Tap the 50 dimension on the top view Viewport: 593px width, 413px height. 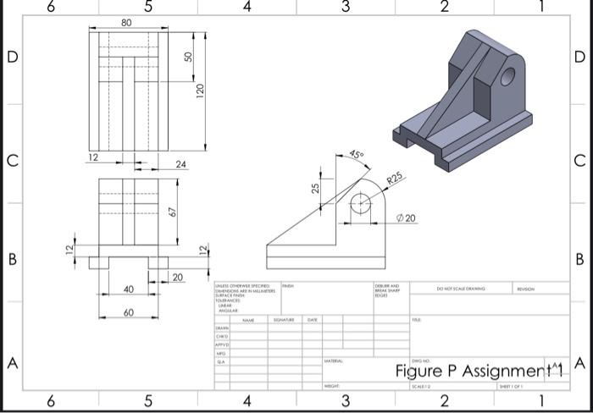pyautogui.click(x=190, y=56)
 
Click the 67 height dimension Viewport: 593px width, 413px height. pyautogui.click(x=172, y=211)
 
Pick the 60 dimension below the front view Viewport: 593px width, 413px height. pyautogui.click(x=128, y=312)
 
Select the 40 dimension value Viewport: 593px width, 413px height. pyautogui.click(x=128, y=289)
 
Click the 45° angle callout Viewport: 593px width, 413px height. pyautogui.click(x=357, y=156)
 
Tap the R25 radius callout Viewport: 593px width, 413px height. pyautogui.click(x=395, y=179)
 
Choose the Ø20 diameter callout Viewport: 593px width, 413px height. pyautogui.click(x=406, y=218)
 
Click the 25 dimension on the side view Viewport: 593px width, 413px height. pyautogui.click(x=315, y=188)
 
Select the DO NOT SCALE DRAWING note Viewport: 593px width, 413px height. pyautogui.click(x=461, y=289)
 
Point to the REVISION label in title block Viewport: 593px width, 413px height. pyautogui.click(x=526, y=289)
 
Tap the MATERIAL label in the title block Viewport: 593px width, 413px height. pyautogui.click(x=333, y=361)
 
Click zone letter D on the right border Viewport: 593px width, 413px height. pyautogui.click(x=579, y=58)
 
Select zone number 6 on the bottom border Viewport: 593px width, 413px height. pyautogui.click(x=51, y=400)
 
